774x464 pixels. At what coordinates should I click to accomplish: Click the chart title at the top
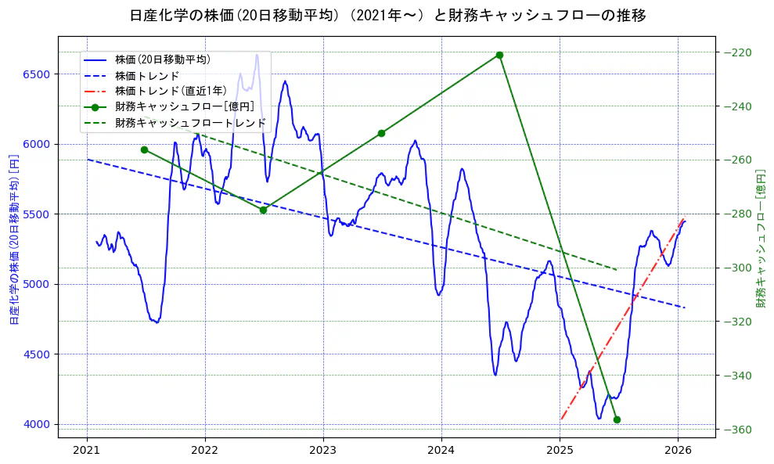tap(387, 15)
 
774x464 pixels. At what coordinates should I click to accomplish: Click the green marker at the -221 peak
tap(499, 55)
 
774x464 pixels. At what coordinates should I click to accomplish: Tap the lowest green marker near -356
tap(617, 419)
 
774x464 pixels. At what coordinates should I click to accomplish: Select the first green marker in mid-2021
tap(144, 149)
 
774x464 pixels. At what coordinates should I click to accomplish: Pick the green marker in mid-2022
tap(263, 210)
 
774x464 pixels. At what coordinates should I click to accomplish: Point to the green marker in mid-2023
tap(381, 133)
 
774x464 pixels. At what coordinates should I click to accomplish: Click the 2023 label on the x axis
tap(323, 450)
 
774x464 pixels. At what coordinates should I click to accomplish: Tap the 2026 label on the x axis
tap(678, 450)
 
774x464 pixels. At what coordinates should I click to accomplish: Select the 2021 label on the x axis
tap(86, 450)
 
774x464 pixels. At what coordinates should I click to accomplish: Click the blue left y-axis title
tap(13, 239)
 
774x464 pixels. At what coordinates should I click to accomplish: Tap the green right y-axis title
tap(761, 238)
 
